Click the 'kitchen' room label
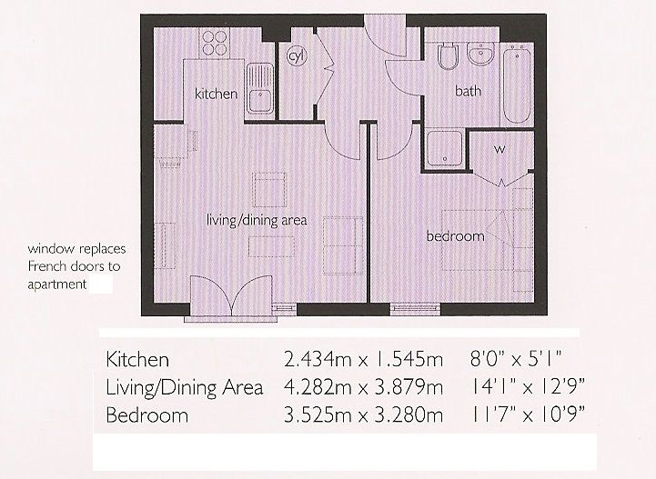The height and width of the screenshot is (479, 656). pos(217,94)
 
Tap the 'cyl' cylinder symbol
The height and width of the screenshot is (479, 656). pos(295,55)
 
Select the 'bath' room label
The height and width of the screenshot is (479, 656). pos(468,91)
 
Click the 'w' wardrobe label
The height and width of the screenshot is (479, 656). pos(500,148)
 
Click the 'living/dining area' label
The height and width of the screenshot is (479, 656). pos(256,219)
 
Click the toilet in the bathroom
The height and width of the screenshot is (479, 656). pos(447,60)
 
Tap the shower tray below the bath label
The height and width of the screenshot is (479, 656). pos(443,148)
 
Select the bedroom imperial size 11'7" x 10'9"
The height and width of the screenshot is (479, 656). pos(525,416)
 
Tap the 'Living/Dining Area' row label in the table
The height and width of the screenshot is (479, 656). pos(185,388)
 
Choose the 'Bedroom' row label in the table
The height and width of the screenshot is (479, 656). pos(147,416)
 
